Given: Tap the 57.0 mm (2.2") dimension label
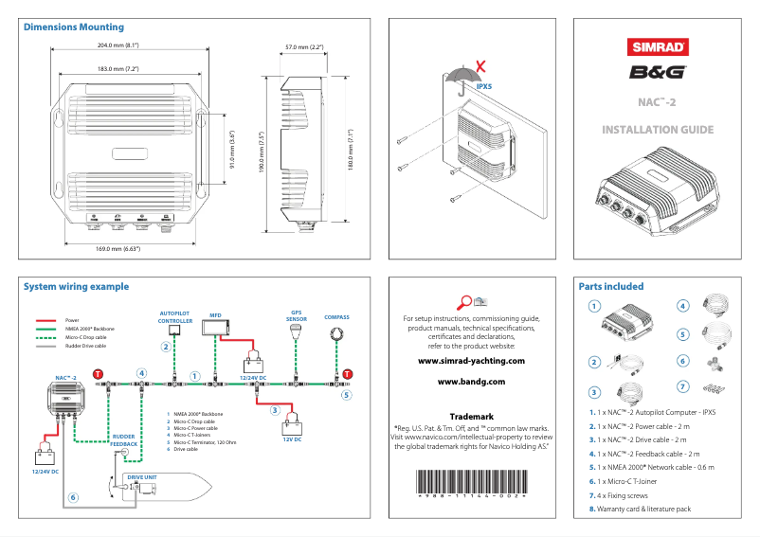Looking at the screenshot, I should pos(305,46).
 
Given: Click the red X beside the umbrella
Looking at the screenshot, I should pos(481,66).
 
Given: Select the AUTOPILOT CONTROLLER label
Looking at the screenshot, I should pos(176,317).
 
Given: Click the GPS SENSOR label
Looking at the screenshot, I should pos(297,315).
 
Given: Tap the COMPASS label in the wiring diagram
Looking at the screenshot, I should pos(336,317).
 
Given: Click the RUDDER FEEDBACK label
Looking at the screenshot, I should pos(124,439).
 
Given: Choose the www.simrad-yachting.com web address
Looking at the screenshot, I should pos(471,361).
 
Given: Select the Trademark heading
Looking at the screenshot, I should pos(471,416).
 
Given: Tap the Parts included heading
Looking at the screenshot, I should pos(610,286).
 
